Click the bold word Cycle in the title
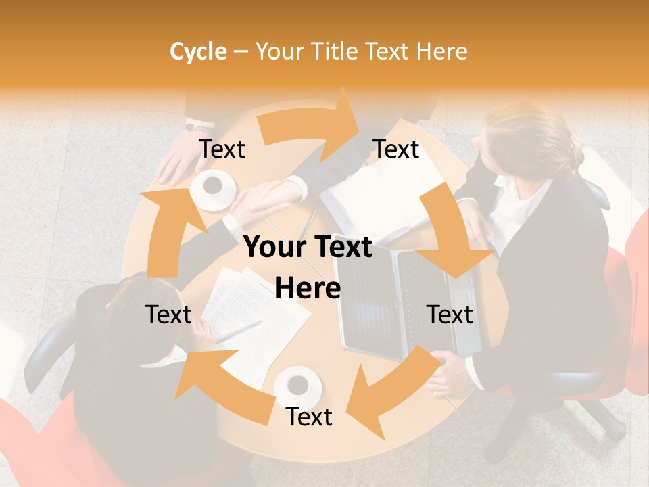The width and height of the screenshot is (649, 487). tap(198, 51)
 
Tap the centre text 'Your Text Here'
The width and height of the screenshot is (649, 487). tap(308, 267)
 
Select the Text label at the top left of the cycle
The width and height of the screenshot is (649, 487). tap(222, 149)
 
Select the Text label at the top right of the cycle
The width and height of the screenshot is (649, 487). tap(396, 149)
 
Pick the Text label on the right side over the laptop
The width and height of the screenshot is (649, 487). tap(450, 315)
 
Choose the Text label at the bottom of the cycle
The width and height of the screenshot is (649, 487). tap(309, 417)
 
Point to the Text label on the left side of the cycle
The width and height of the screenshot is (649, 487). tap(168, 315)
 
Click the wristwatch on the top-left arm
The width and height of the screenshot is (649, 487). tap(199, 126)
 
